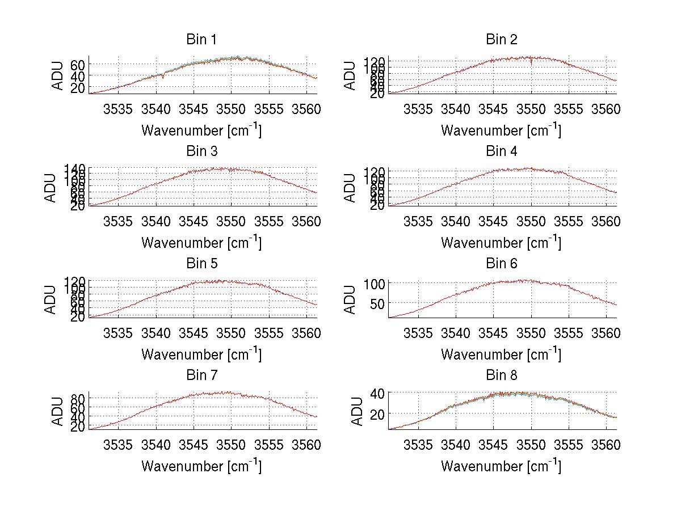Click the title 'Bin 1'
pos(201,40)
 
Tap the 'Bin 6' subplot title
pos(502,264)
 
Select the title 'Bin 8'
pos(502,375)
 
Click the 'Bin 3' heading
pos(201,151)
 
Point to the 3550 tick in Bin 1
pos(232,109)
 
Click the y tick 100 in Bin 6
pos(377,283)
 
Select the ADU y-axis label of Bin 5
pos(51,299)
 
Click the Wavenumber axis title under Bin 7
pos(201,466)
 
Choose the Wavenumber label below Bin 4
pos(501,242)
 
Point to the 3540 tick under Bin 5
pos(156,333)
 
